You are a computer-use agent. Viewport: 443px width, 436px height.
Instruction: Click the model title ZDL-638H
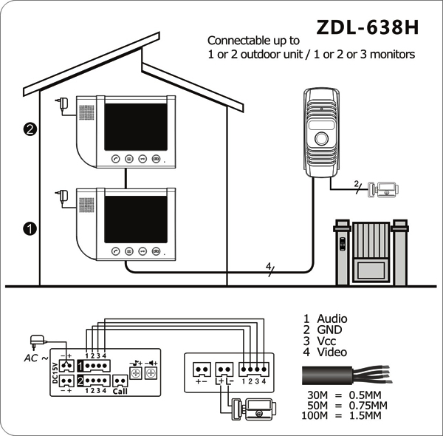(367, 27)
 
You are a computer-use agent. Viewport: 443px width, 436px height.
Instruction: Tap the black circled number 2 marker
(30, 129)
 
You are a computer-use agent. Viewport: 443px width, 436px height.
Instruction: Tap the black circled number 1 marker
(30, 228)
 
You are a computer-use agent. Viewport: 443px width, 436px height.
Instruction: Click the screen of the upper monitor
(136, 126)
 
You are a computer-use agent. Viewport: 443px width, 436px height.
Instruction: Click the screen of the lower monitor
(136, 219)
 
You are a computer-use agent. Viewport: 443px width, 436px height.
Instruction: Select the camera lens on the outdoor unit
(321, 138)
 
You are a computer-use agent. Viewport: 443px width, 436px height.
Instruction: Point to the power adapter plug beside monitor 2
(62, 103)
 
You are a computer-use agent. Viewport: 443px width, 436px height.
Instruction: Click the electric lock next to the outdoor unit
(383, 189)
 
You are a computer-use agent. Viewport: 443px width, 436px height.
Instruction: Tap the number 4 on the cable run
(269, 266)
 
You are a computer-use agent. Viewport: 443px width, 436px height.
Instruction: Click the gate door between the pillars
(371, 252)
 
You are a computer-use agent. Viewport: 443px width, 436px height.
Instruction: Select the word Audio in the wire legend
(332, 319)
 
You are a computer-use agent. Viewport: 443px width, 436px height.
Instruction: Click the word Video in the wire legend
(332, 352)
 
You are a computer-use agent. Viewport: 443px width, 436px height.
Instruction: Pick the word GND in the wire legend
(329, 330)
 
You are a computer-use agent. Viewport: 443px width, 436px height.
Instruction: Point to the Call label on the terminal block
(120, 391)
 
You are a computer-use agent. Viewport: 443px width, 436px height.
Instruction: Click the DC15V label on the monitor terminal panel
(55, 373)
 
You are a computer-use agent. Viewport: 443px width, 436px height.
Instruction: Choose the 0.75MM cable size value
(368, 406)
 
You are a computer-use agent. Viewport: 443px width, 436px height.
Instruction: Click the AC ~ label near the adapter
(36, 358)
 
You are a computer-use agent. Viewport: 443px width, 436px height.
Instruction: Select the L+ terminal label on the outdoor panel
(219, 381)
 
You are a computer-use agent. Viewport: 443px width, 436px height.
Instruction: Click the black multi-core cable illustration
(347, 375)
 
